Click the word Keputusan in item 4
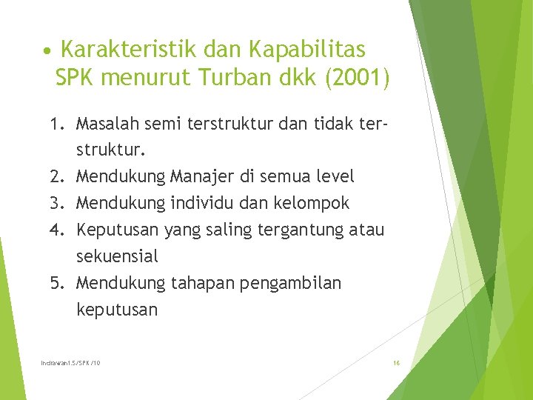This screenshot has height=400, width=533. point(117,230)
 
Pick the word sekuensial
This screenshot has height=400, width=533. point(117,256)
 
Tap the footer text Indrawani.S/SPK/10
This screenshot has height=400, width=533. point(71,362)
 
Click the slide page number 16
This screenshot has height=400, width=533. point(396,362)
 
